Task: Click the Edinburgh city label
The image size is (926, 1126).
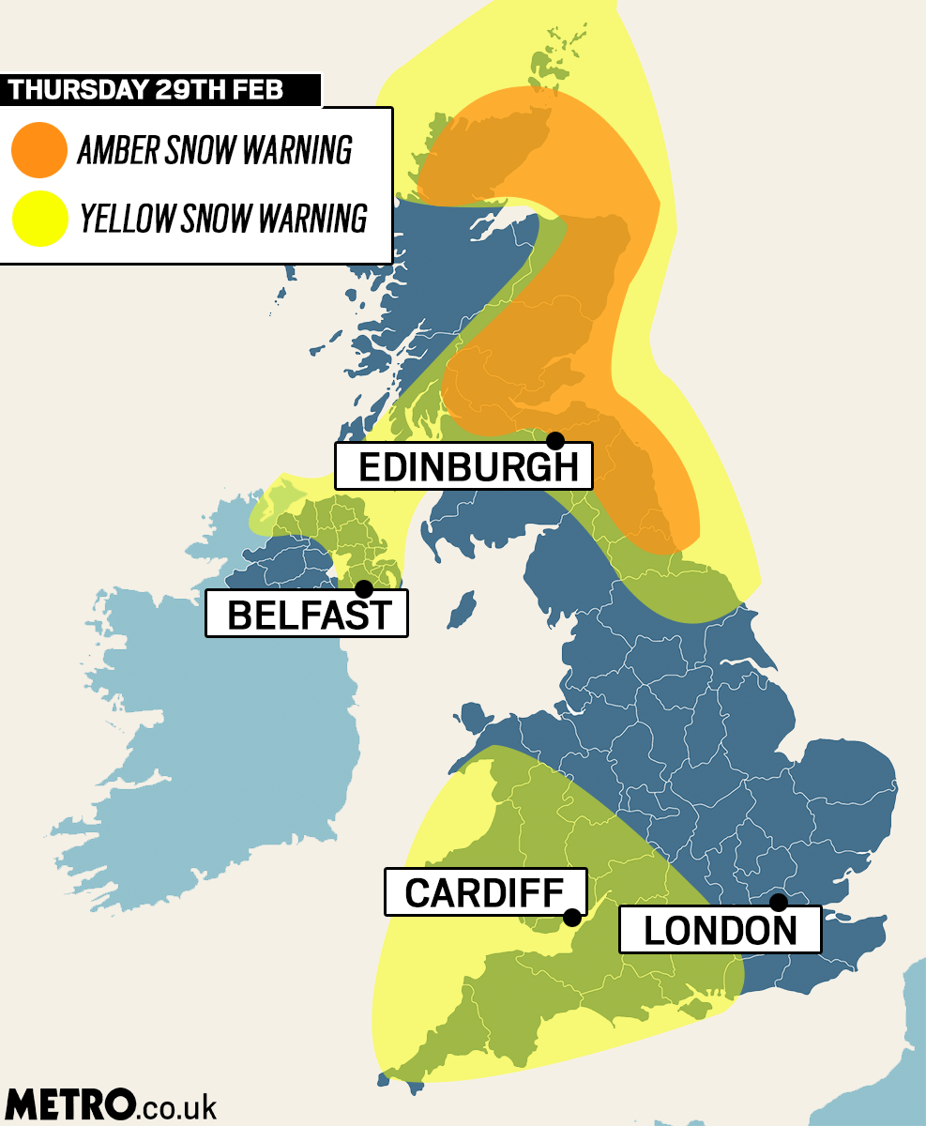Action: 463,466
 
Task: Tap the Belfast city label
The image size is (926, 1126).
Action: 307,615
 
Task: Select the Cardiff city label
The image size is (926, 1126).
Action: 485,892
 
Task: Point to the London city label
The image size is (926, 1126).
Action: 720,930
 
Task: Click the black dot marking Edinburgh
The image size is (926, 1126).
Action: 555,440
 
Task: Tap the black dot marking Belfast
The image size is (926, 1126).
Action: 364,589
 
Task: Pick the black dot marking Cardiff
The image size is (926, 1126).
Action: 571,918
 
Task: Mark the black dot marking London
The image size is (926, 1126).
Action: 778,903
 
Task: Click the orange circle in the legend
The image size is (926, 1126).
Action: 39,150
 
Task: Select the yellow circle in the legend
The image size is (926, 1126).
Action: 39,218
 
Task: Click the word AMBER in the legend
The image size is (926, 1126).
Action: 118,150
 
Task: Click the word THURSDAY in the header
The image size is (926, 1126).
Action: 77,90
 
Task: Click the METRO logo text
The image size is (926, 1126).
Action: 69,1104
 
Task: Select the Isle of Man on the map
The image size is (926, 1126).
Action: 462,609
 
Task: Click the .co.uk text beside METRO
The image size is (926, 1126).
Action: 177,1106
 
